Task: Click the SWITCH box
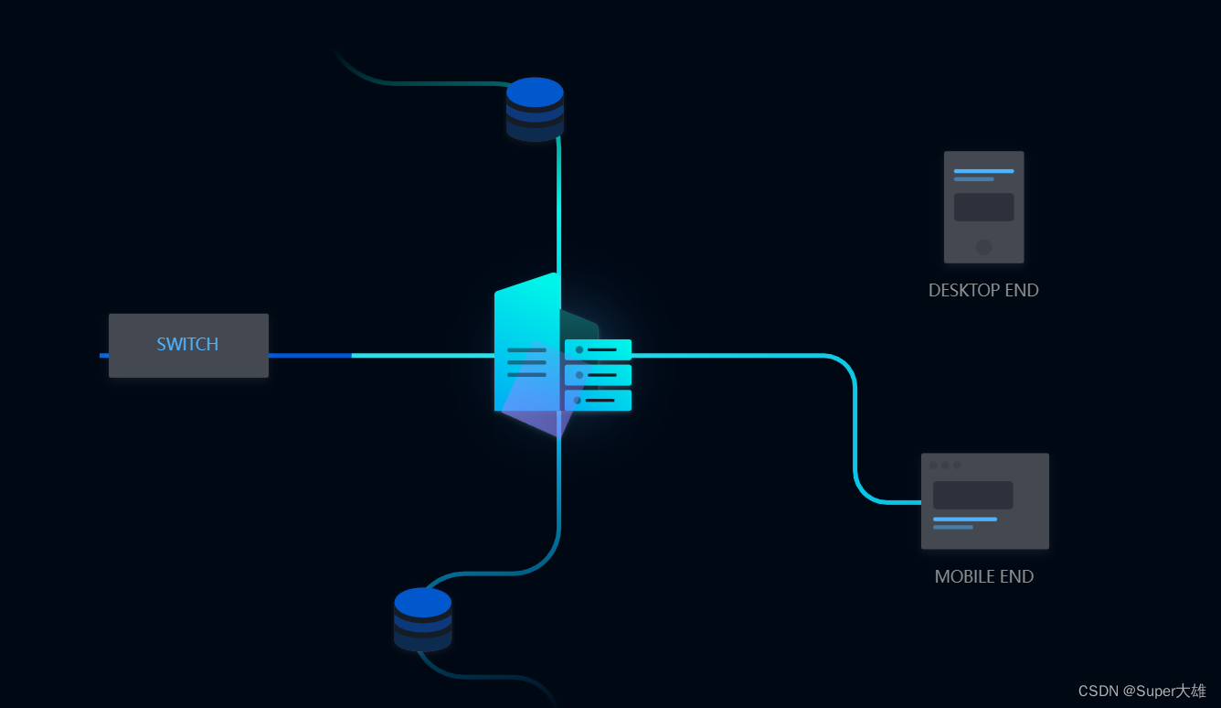[x=188, y=345]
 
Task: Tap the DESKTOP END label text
[x=983, y=290]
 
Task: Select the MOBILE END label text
[x=983, y=576]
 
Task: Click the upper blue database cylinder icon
[x=535, y=109]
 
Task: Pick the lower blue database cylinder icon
[x=422, y=618]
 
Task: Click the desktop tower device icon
[x=983, y=207]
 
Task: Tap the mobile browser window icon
[x=984, y=500]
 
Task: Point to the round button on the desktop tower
[x=983, y=247]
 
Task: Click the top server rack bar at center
[x=598, y=349]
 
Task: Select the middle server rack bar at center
[x=598, y=375]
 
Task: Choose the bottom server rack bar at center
[x=598, y=400]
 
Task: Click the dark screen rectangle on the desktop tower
[x=983, y=207]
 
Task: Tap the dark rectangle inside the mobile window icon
[x=972, y=495]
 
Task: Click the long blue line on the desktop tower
[x=983, y=171]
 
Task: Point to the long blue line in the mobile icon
[x=964, y=520]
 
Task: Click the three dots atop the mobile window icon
[x=945, y=465]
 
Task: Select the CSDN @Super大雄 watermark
[x=1141, y=691]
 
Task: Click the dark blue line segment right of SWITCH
[x=310, y=355]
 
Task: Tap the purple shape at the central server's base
[x=539, y=416]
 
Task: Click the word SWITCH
[x=187, y=344]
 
